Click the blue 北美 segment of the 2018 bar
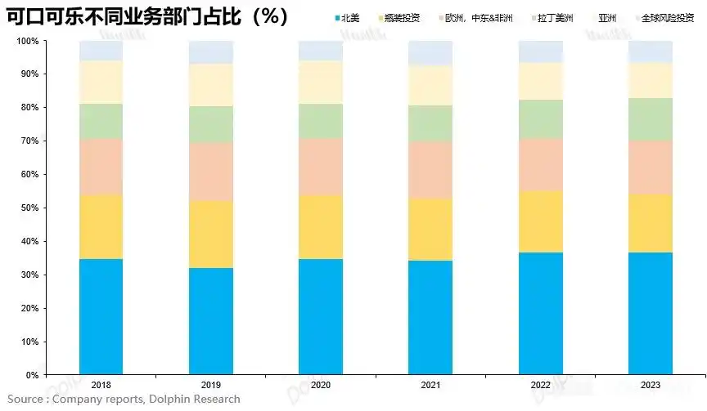[101, 317]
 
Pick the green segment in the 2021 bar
[430, 123]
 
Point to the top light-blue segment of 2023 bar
[650, 51]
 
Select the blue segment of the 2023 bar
[650, 314]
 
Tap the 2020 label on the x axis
[320, 385]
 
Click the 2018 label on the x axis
[101, 385]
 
